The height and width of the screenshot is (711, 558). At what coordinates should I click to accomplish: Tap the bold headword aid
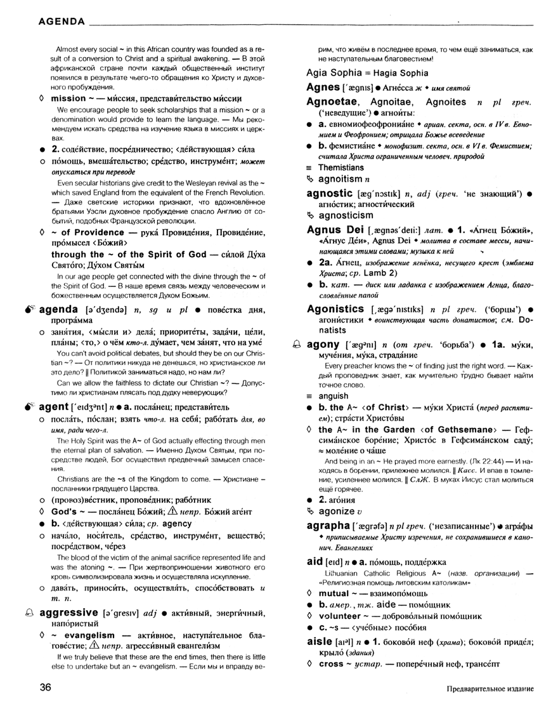click(x=315, y=562)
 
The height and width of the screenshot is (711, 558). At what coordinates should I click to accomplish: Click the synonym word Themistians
click(x=341, y=168)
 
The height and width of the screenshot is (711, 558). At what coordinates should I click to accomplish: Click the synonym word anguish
click(x=333, y=396)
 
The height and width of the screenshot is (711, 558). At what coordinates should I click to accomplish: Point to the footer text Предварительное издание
click(x=490, y=689)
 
